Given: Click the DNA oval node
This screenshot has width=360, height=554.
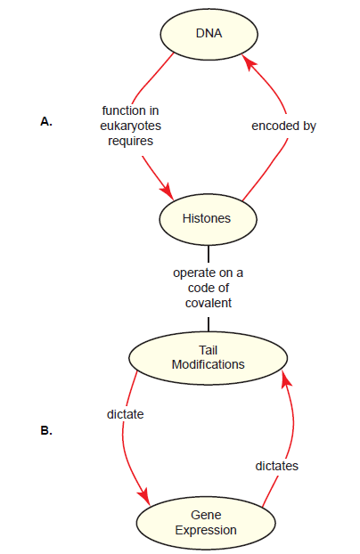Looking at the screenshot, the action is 209,34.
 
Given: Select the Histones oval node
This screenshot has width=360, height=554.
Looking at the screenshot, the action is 208,219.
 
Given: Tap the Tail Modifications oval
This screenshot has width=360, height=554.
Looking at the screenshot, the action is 208,358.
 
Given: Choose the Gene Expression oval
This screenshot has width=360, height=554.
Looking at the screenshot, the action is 206,523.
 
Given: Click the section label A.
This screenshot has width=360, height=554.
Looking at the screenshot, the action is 46,121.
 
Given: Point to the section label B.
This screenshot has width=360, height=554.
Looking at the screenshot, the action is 46,431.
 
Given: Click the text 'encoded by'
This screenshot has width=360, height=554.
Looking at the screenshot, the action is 283,126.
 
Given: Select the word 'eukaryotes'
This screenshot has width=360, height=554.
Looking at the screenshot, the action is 130,126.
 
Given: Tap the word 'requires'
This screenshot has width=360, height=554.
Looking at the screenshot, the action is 130,141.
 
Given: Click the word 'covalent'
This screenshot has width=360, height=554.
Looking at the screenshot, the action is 209,303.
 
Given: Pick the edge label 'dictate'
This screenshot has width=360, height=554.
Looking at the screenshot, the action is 125,414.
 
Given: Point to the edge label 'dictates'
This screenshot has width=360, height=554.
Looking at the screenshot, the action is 276,466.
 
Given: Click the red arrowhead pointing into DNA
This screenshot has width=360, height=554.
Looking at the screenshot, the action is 249,62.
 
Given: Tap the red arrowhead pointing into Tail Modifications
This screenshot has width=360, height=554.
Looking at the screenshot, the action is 286,379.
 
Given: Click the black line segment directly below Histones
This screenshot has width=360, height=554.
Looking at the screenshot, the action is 209,254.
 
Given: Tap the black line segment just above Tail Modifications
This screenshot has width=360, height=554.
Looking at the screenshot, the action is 209,324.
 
